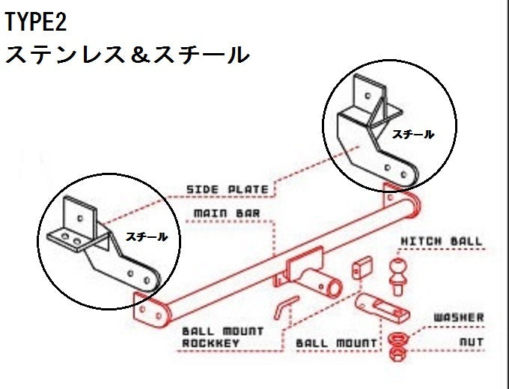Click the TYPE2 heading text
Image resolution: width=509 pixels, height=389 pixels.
[36, 22]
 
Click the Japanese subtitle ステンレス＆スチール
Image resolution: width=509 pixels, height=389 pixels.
[127, 55]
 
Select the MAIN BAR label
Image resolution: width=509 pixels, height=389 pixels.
[227, 213]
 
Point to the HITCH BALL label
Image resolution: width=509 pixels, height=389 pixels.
[442, 242]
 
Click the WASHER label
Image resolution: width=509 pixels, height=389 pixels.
[459, 318]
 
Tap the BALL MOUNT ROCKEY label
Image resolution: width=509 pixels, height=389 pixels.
[222, 337]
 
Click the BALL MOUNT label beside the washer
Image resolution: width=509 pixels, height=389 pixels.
[336, 343]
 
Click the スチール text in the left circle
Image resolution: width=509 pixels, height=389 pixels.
[147, 236]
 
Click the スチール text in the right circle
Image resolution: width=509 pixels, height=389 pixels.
[412, 134]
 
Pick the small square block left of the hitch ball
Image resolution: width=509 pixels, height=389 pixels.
[364, 267]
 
